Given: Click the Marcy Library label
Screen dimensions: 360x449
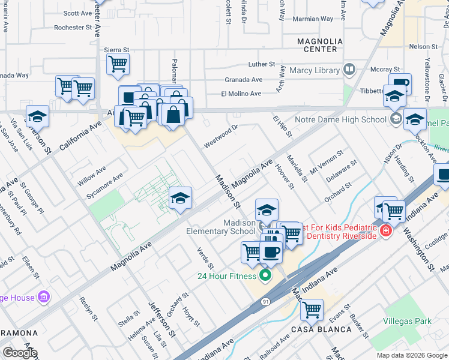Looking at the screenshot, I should pos(314,70).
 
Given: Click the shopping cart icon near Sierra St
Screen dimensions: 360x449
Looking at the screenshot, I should pos(118,63).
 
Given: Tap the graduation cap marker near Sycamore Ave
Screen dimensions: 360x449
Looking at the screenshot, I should pos(180,197).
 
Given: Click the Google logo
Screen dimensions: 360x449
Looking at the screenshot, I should pos(20,353).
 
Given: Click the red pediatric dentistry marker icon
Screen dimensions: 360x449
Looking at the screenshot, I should pos(385,230).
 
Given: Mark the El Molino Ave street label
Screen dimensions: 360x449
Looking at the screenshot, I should pos(241,94).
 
